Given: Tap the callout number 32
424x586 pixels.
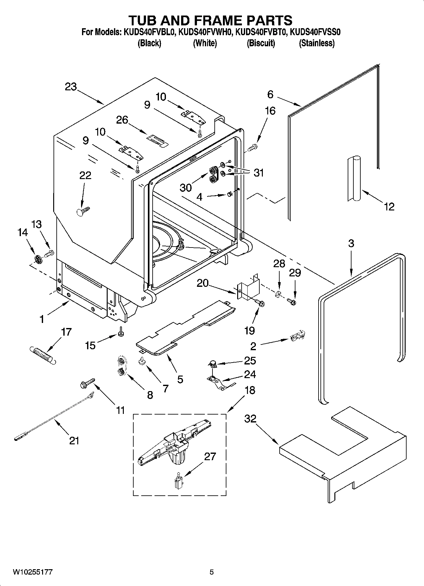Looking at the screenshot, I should point(250,419).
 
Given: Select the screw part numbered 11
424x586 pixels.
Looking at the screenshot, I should point(86,383).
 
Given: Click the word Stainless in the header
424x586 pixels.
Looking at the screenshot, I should point(317,43).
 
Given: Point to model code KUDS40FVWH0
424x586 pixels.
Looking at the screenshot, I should point(205,32).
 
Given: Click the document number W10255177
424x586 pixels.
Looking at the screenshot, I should point(33,572).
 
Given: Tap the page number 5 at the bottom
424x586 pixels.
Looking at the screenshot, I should point(212,572).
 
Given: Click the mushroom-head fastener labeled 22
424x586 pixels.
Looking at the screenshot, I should point(83,211).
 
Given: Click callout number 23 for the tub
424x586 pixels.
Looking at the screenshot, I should point(71,87).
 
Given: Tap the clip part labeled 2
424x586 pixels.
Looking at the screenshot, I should point(297,336).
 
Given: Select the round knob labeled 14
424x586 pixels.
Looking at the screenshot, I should point(38,260).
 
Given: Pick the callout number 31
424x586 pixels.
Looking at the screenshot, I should point(259,173).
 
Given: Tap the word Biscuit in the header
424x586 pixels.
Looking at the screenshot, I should point(261,43).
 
